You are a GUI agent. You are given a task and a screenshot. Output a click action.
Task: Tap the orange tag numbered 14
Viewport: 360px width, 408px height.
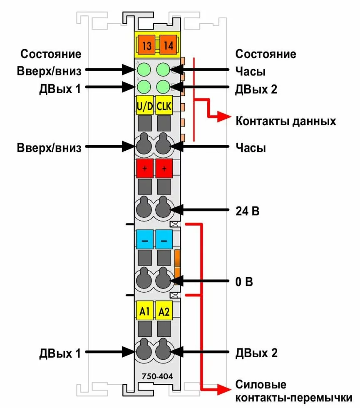[169, 45]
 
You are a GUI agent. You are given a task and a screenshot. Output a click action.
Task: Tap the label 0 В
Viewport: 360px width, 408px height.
[244, 282]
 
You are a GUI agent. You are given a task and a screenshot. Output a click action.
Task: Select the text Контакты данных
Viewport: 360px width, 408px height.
[286, 122]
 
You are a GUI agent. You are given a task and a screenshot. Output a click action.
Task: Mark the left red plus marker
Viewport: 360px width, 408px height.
[145, 168]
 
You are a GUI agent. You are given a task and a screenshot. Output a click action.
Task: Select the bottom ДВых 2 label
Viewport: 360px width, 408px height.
[256, 353]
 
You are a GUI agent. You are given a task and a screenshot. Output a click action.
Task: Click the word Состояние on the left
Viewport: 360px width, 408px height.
[51, 54]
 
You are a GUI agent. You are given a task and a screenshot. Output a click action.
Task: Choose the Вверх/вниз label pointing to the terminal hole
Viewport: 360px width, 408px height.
[50, 147]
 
